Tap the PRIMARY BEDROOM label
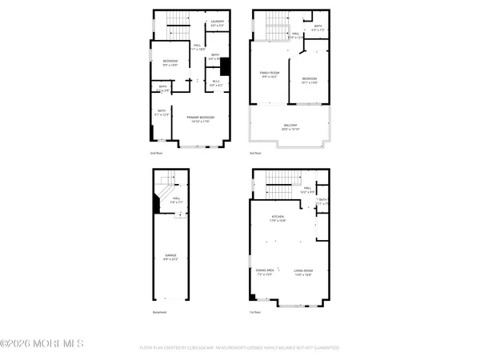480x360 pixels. click(x=200, y=119)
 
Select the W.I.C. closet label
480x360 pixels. click(x=215, y=82)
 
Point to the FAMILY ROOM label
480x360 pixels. click(x=268, y=75)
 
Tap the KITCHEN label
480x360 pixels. click(x=278, y=218)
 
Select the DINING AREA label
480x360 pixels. click(x=265, y=272)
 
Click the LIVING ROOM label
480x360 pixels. click(x=302, y=272)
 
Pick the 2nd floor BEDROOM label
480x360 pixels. click(x=170, y=62)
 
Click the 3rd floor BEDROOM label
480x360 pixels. click(x=309, y=79)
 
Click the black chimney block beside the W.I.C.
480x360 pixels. click(x=225, y=67)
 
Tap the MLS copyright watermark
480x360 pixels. click(x=42, y=345)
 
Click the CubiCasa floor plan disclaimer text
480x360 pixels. click(x=240, y=348)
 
